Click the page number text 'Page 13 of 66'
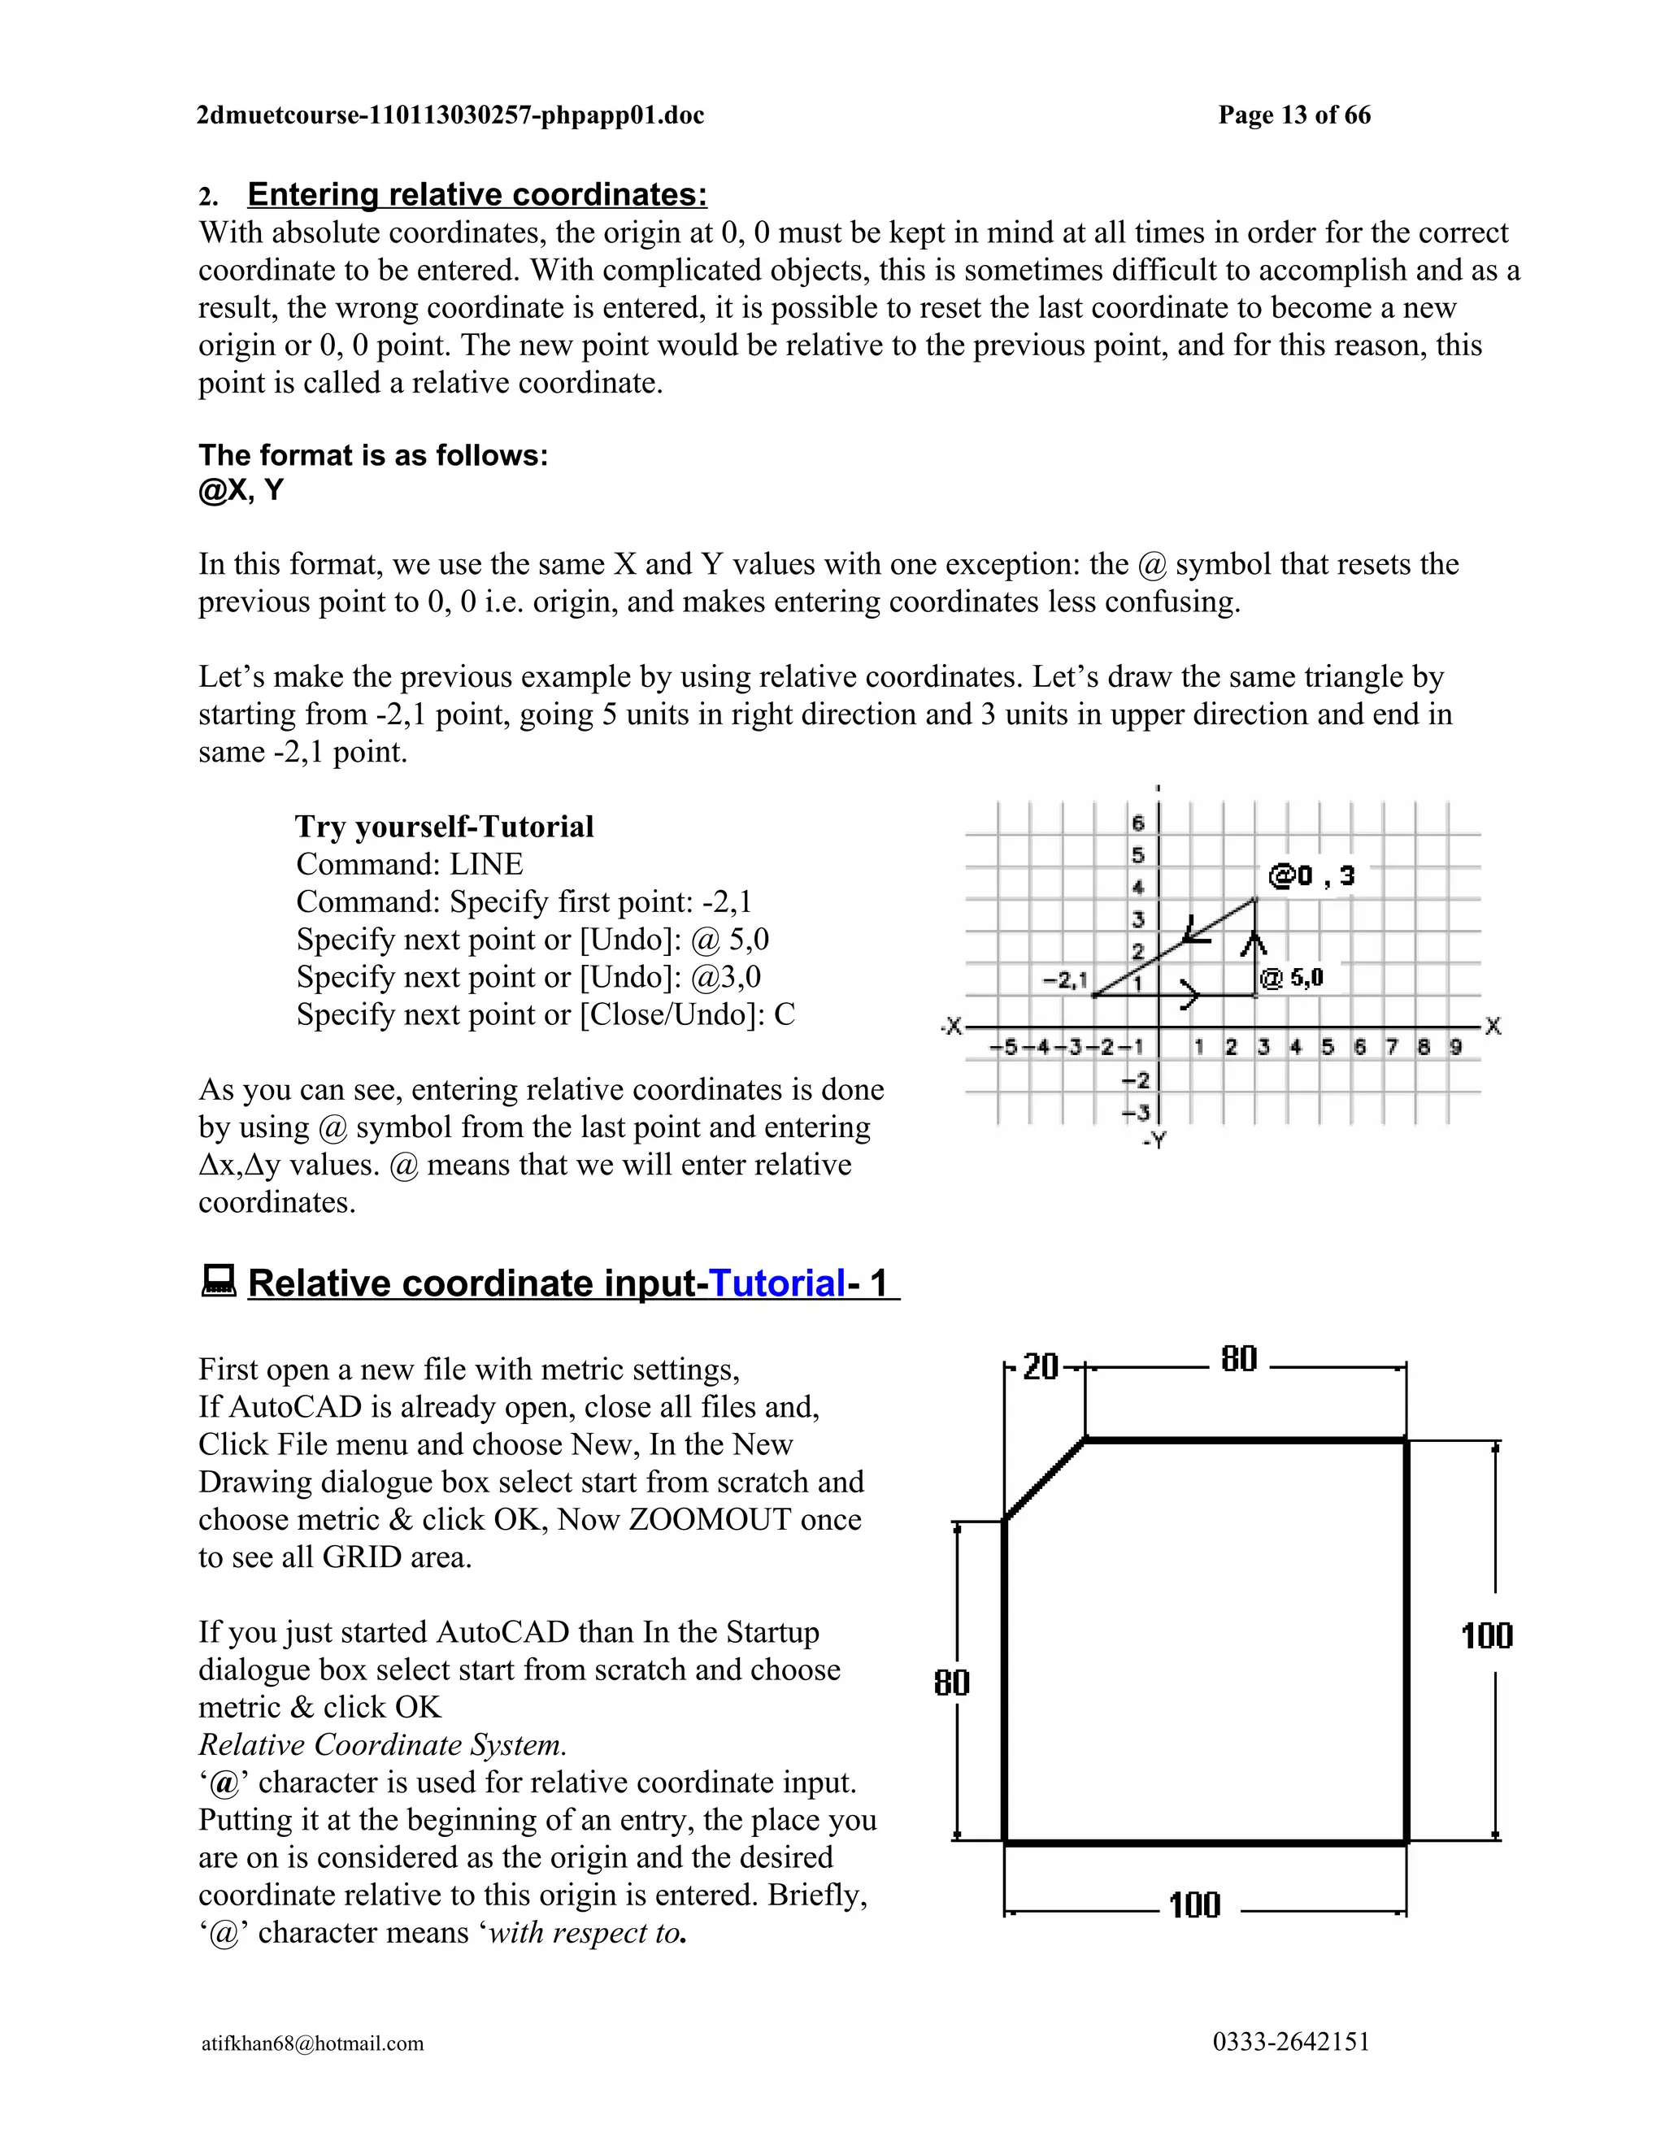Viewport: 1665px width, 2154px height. pyautogui.click(x=1293, y=115)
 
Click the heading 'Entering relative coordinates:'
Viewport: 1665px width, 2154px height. pyautogui.click(x=476, y=194)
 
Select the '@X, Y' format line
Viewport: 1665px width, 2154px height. pyautogui.click(x=241, y=490)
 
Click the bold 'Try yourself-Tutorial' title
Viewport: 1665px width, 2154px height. pyautogui.click(x=444, y=827)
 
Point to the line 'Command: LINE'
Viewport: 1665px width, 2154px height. pyautogui.click(x=410, y=864)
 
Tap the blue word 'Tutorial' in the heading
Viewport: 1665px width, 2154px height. pyautogui.click(x=777, y=1283)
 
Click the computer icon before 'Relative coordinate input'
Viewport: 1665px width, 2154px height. pyautogui.click(x=218, y=1281)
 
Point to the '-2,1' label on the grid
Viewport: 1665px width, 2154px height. pyautogui.click(x=1065, y=979)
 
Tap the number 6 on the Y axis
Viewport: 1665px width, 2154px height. pyautogui.click(x=1137, y=823)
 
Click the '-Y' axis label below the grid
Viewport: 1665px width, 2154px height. pyautogui.click(x=1154, y=1140)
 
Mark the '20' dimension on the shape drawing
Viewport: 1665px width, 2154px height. pyautogui.click(x=1040, y=1367)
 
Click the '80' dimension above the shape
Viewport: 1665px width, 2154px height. pyautogui.click(x=1239, y=1360)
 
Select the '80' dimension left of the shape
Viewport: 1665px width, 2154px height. pyautogui.click(x=952, y=1683)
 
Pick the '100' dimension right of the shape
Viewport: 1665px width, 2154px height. pyautogui.click(x=1486, y=1636)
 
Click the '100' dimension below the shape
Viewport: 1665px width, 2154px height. pyautogui.click(x=1194, y=1905)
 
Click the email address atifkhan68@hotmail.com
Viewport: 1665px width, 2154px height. pyautogui.click(x=313, y=2043)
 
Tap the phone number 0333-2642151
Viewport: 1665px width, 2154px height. pyautogui.click(x=1291, y=2042)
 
